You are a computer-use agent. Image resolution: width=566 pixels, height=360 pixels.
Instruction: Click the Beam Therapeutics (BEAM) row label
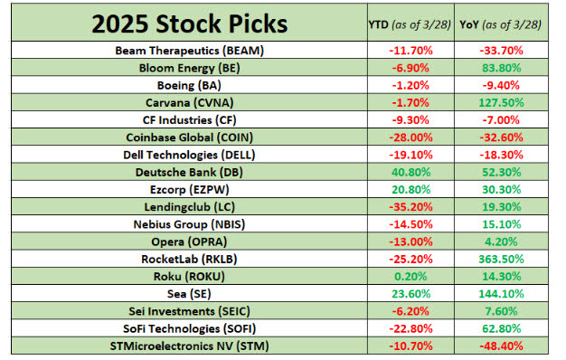[x=189, y=51]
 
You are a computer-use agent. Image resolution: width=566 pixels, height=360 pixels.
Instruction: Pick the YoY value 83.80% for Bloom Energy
[x=508, y=68]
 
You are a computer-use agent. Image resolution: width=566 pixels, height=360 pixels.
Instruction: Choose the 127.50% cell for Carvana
[x=508, y=102]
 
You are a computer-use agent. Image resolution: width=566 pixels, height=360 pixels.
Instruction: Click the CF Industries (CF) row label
[x=189, y=119]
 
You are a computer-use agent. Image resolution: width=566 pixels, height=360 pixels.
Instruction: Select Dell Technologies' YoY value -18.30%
[x=508, y=154]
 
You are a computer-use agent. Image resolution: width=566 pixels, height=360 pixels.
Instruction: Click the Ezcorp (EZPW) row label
[x=189, y=188]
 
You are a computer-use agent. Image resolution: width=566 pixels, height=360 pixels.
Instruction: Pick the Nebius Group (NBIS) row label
[x=189, y=223]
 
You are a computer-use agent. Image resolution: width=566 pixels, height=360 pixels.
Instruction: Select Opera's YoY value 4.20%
[x=508, y=240]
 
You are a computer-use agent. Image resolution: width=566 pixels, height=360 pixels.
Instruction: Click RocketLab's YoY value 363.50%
[x=508, y=257]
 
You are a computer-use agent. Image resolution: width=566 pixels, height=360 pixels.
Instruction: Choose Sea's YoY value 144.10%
[x=508, y=291]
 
